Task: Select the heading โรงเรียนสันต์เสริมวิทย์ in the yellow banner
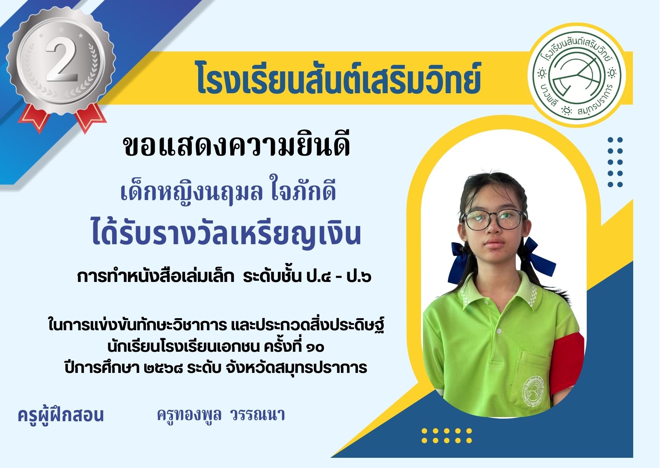[x=339, y=78]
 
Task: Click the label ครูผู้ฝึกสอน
[x=60, y=415]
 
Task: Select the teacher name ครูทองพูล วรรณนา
[x=221, y=415]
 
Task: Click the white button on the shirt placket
[x=499, y=331]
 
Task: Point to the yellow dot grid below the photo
[x=447, y=435]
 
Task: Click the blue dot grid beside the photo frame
[x=615, y=162]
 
